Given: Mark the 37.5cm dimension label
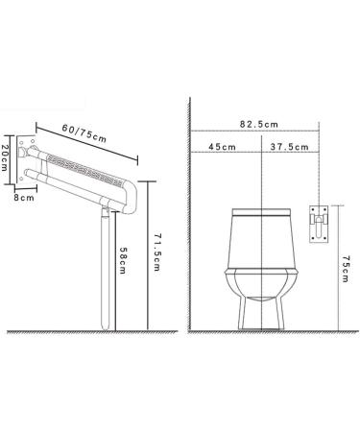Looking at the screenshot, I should tap(289, 147).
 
